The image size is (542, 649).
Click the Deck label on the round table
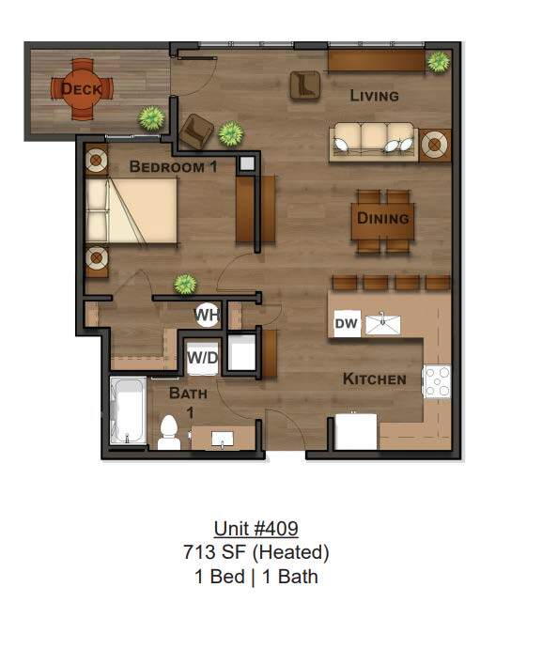click(x=82, y=89)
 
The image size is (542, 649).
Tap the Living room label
click(x=374, y=95)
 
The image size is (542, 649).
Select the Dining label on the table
click(x=383, y=218)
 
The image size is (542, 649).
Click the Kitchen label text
click(x=374, y=379)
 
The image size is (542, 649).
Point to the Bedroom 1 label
click(x=173, y=167)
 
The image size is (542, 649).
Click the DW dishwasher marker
click(x=346, y=324)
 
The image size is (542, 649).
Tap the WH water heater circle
click(x=207, y=315)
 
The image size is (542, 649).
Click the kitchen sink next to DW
click(x=383, y=324)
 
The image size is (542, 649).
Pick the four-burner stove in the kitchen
click(x=437, y=380)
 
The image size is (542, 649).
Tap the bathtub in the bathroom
click(x=128, y=411)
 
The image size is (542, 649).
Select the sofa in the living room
click(x=374, y=142)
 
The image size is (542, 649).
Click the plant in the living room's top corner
click(x=438, y=62)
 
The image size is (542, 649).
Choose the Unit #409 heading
click(x=256, y=530)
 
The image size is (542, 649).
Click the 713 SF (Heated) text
click(x=256, y=553)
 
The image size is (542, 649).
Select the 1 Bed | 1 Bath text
click(x=256, y=577)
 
